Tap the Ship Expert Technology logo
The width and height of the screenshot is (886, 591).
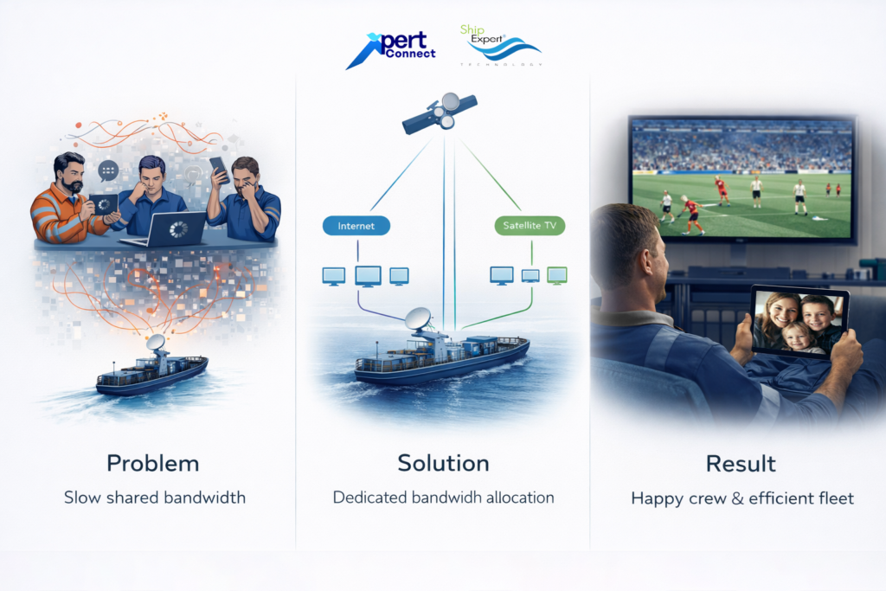[x=501, y=45]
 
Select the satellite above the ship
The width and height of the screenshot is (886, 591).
[x=440, y=113]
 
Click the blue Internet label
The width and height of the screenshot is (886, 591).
[x=356, y=226]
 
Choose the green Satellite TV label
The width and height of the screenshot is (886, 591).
[x=530, y=227]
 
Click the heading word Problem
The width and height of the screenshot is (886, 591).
[x=153, y=463]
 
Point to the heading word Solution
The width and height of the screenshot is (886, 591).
[x=443, y=463]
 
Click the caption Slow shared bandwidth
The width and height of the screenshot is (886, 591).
[x=155, y=498]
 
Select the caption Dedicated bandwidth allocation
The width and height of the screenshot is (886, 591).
[x=443, y=498]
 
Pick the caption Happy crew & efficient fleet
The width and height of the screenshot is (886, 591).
[x=742, y=498]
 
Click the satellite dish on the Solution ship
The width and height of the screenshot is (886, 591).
[x=419, y=319]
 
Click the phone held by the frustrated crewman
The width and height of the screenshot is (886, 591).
[x=219, y=168]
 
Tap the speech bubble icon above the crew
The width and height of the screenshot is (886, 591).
[x=108, y=170]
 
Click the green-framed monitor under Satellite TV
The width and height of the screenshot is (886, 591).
[x=557, y=275]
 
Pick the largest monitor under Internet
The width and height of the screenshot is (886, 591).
[x=368, y=276]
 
